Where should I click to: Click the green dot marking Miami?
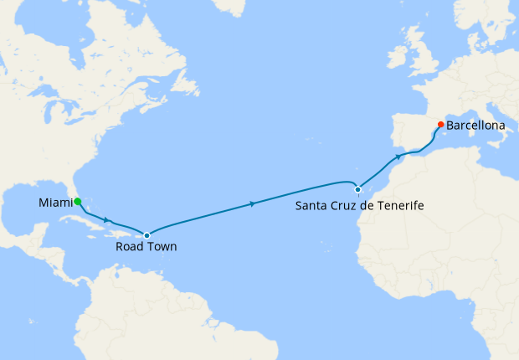click(x=77, y=202)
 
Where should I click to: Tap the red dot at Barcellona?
click(x=440, y=126)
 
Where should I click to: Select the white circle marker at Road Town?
click(x=147, y=235)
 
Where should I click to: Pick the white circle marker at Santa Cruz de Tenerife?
click(x=357, y=189)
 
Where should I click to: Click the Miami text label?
click(x=54, y=203)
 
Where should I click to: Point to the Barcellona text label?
click(x=476, y=126)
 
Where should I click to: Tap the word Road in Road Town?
click(x=131, y=248)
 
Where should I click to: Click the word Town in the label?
click(x=162, y=248)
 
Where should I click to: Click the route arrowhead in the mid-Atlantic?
click(x=253, y=203)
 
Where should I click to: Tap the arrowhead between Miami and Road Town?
click(x=107, y=221)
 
